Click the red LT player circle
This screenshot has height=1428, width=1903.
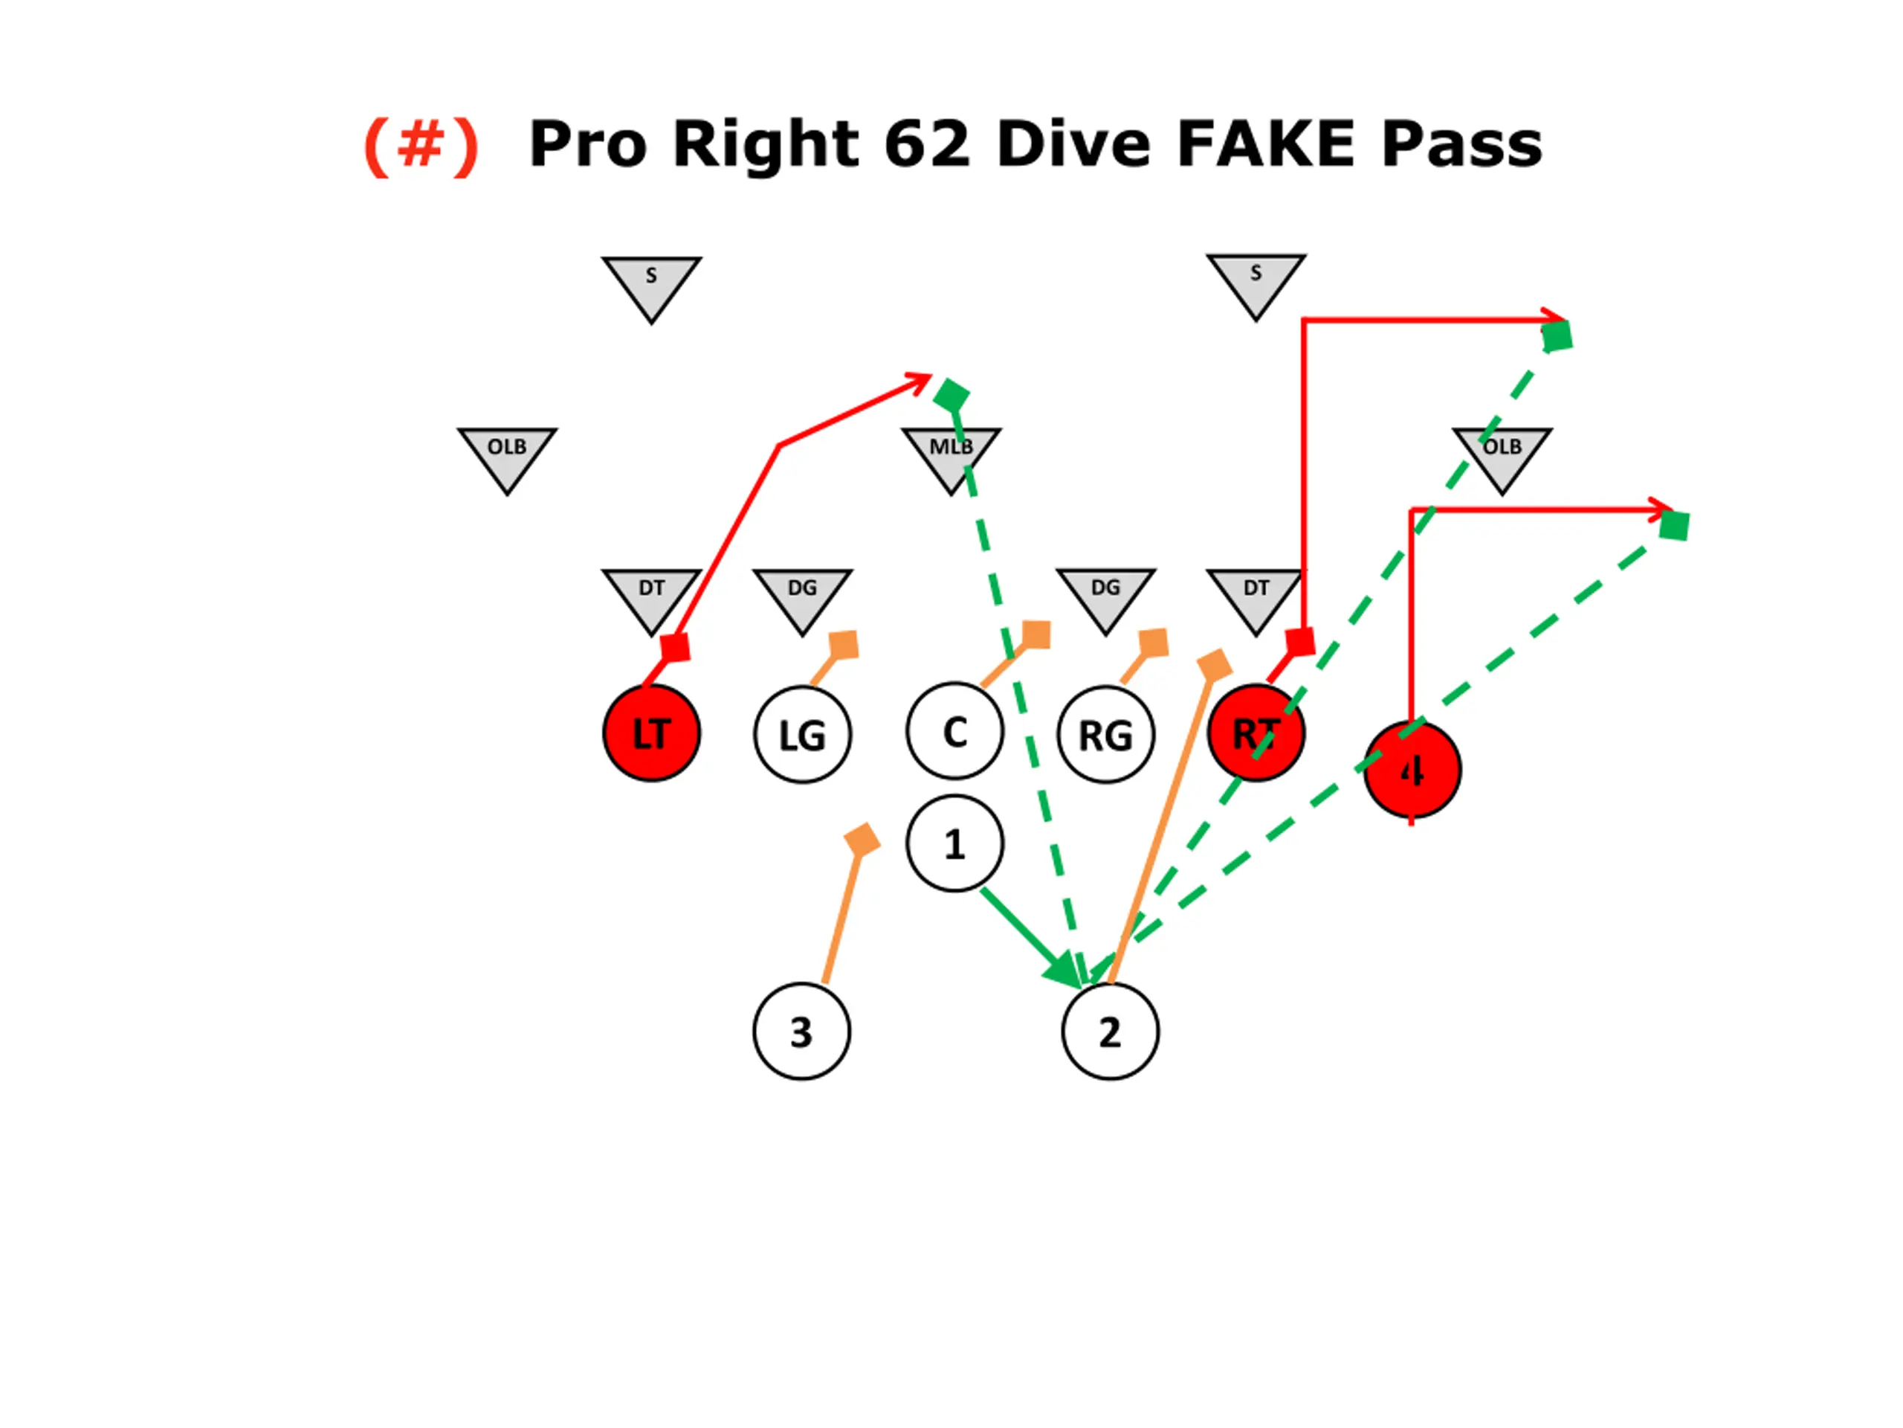651,733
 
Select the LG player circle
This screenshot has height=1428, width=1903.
802,735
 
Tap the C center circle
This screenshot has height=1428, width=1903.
954,732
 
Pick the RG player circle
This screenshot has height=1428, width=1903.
1105,735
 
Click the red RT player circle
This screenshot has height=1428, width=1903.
1256,733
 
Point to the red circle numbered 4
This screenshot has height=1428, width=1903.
1412,771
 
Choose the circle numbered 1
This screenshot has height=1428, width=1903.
954,843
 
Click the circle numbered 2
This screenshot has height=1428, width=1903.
1110,1031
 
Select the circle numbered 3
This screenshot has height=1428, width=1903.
801,1031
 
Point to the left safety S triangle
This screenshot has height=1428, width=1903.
651,283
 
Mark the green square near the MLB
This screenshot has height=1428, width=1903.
951,396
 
